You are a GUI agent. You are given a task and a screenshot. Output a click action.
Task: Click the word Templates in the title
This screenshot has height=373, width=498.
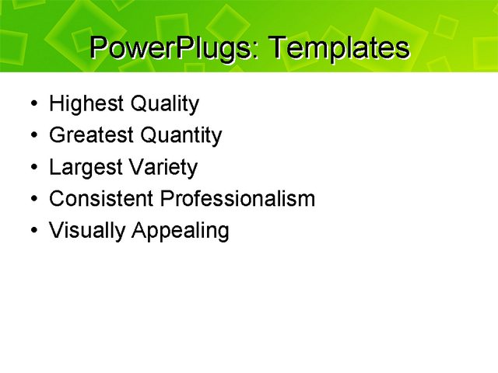coord(338,48)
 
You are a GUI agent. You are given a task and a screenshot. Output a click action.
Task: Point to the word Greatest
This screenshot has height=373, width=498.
coord(92,135)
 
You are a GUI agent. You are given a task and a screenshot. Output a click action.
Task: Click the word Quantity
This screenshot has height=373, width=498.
coord(181,135)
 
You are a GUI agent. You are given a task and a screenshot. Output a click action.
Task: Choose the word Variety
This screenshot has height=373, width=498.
coord(165,167)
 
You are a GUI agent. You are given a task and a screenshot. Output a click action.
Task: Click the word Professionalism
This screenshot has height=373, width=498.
coord(237,199)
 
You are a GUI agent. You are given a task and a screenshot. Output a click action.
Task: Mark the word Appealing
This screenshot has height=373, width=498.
coord(181,231)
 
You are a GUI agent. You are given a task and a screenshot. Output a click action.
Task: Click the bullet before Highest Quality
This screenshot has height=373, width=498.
coord(30,104)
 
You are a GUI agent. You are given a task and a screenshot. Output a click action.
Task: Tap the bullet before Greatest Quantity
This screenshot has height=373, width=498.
coord(30,136)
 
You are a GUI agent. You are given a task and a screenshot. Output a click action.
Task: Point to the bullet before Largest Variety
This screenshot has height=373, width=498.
coord(30,168)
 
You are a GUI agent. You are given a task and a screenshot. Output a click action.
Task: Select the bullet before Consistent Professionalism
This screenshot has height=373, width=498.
coord(30,200)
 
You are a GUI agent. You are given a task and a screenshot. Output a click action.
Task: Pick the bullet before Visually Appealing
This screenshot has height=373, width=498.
coord(30,232)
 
